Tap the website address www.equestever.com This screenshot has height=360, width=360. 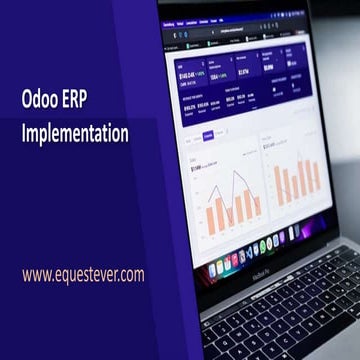click(x=83, y=272)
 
